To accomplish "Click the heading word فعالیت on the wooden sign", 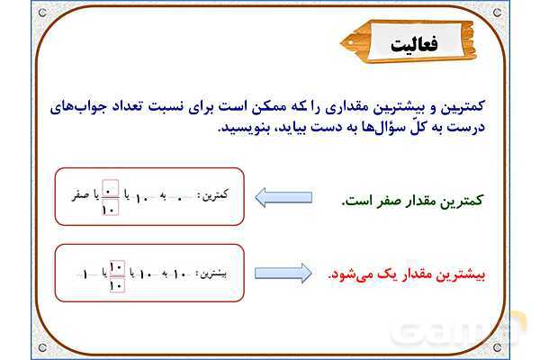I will coord(416,44).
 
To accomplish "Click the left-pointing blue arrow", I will coord(284,196).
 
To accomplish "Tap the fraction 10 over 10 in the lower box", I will coord(115,274).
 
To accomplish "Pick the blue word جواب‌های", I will coord(462,105).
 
